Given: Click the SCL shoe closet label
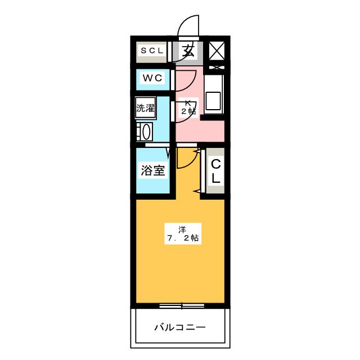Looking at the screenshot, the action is (152, 51).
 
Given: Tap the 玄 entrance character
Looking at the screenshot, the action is (188, 51).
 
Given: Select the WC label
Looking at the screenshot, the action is (152, 78).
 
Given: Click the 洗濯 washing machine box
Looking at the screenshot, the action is (145, 107).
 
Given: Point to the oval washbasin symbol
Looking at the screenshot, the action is (146, 132).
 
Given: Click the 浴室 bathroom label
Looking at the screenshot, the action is (152, 170).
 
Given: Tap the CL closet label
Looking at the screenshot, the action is (215, 171).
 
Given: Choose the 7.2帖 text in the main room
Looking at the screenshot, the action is (183, 238).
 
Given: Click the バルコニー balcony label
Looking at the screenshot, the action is (180, 327).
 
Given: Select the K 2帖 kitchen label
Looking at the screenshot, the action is (188, 107).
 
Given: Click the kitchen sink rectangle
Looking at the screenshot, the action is (213, 101).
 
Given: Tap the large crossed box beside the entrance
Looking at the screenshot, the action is (217, 51).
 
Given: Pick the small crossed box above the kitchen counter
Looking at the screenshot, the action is (217, 67).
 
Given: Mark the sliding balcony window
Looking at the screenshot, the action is (182, 306).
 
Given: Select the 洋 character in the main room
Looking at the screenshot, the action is (182, 229).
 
